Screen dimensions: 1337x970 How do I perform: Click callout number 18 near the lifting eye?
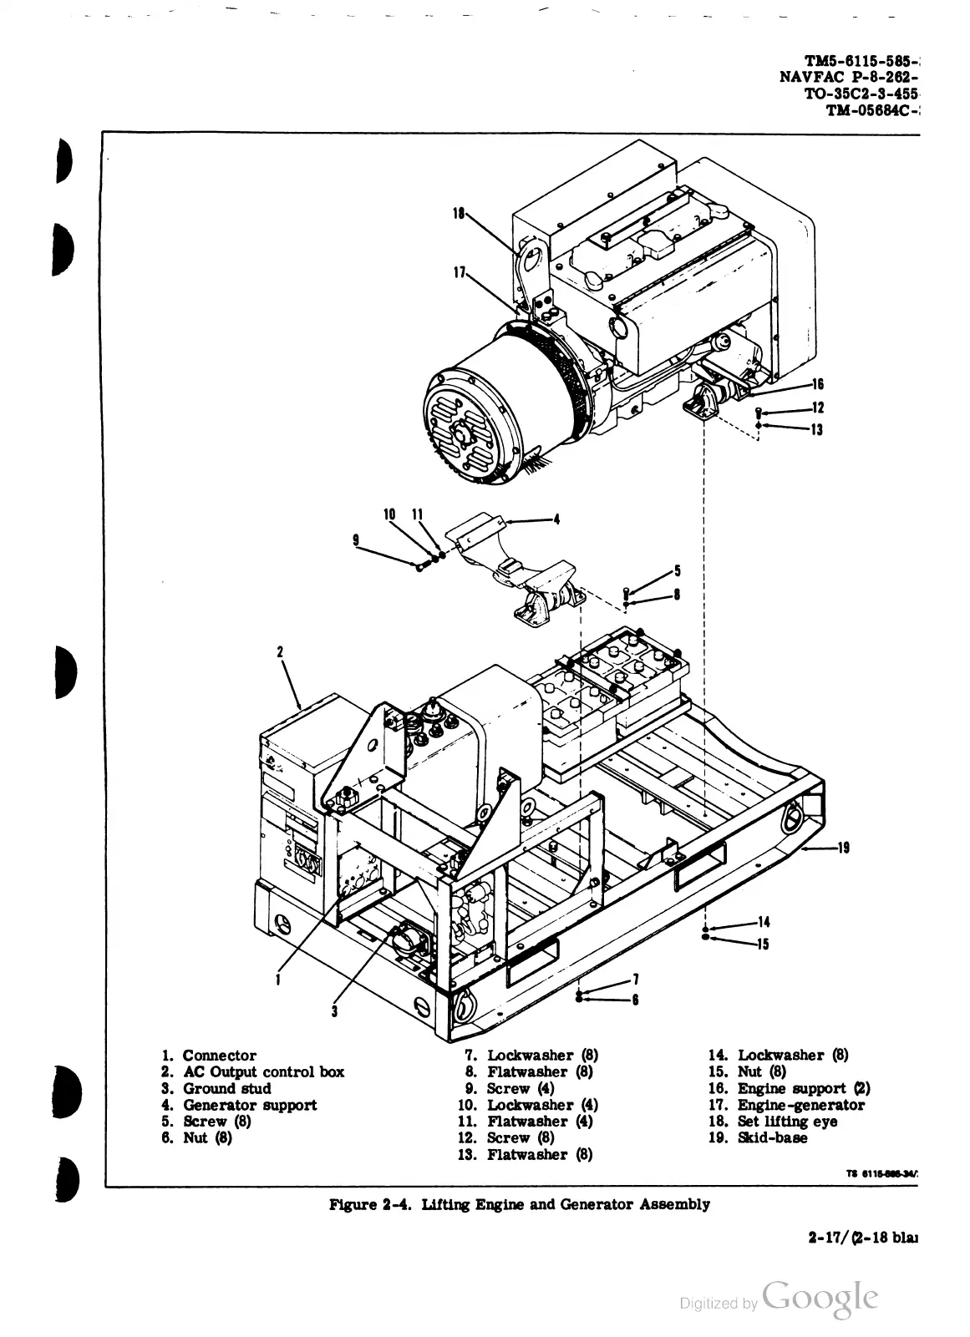(x=457, y=213)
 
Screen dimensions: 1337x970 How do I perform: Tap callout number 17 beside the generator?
(x=459, y=271)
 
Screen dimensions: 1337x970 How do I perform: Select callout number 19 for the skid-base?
(x=844, y=848)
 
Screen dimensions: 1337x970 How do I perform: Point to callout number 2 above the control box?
(x=281, y=651)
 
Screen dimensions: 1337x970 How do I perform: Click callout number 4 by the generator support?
(x=556, y=519)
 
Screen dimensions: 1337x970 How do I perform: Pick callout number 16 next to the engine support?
(x=817, y=384)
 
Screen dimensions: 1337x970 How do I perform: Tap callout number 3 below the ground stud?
(x=333, y=1011)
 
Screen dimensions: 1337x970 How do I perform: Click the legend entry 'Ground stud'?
(x=226, y=1088)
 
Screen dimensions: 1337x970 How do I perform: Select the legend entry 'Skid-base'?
(x=772, y=1137)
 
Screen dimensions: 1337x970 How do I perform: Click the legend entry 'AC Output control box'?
(x=263, y=1071)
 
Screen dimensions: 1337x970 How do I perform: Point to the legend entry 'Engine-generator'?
(x=800, y=1105)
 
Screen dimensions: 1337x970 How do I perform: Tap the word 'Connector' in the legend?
(x=219, y=1056)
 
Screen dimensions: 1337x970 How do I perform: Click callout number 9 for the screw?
(x=356, y=540)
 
